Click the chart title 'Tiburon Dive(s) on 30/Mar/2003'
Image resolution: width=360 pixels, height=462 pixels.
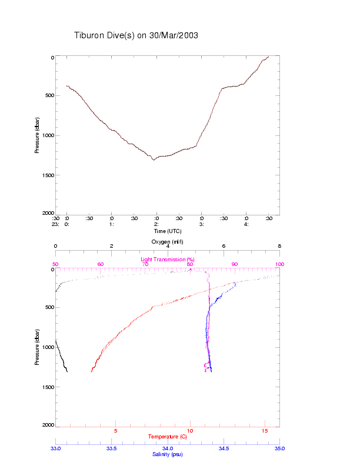(x=136, y=35)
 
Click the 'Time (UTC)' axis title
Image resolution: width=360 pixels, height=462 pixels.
(x=167, y=231)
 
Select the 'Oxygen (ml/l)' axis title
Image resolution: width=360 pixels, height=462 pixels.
(x=167, y=241)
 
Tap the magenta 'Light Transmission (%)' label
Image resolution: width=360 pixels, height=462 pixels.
(x=167, y=259)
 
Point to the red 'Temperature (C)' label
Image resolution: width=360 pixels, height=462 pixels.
(x=167, y=437)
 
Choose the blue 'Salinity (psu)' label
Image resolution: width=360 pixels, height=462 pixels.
(x=167, y=454)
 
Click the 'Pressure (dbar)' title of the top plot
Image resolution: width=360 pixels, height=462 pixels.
(x=37, y=135)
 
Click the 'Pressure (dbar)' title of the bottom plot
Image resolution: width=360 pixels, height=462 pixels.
(x=37, y=347)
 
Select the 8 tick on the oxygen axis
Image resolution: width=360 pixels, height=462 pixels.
(x=279, y=247)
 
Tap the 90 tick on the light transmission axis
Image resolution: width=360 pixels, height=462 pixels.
(x=235, y=264)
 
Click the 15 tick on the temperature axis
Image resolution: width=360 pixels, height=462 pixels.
(x=264, y=431)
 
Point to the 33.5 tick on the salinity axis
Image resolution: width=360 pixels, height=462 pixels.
(x=111, y=448)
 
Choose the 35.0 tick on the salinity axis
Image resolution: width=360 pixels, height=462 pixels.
(x=279, y=448)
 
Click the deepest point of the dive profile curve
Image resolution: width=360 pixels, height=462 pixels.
(x=154, y=159)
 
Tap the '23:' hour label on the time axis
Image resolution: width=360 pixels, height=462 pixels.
(x=55, y=224)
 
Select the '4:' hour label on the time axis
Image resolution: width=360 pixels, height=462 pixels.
(x=246, y=224)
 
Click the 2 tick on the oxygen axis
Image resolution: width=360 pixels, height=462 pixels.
(x=111, y=247)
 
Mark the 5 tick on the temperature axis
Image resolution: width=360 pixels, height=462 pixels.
(x=115, y=431)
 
